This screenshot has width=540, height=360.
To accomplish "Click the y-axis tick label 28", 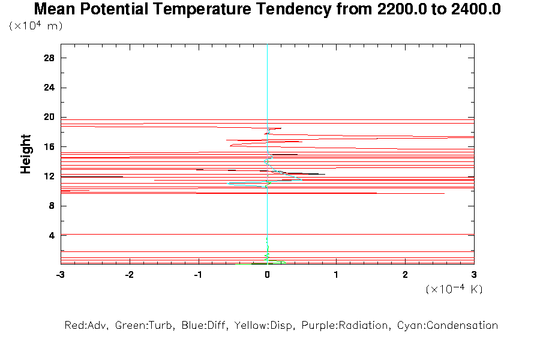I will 50,58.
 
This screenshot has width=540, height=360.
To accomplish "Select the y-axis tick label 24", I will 50,88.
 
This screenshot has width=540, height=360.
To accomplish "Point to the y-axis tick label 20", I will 50,117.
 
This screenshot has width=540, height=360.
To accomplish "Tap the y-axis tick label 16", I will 50,146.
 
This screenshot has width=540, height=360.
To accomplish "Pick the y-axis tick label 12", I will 50,176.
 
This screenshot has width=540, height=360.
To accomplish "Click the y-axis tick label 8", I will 52,206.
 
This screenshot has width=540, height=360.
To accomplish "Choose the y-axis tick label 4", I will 52,235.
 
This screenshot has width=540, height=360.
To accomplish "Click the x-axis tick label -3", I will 60,274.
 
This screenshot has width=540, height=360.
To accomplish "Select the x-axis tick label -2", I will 129,274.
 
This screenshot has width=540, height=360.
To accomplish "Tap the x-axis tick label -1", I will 198,274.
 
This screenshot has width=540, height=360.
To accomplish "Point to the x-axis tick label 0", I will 268,274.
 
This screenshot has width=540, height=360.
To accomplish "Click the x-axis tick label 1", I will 337,274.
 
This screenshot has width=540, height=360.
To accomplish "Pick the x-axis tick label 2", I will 406,274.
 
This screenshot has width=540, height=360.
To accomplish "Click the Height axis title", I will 26,154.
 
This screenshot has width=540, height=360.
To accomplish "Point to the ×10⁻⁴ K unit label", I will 454,289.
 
